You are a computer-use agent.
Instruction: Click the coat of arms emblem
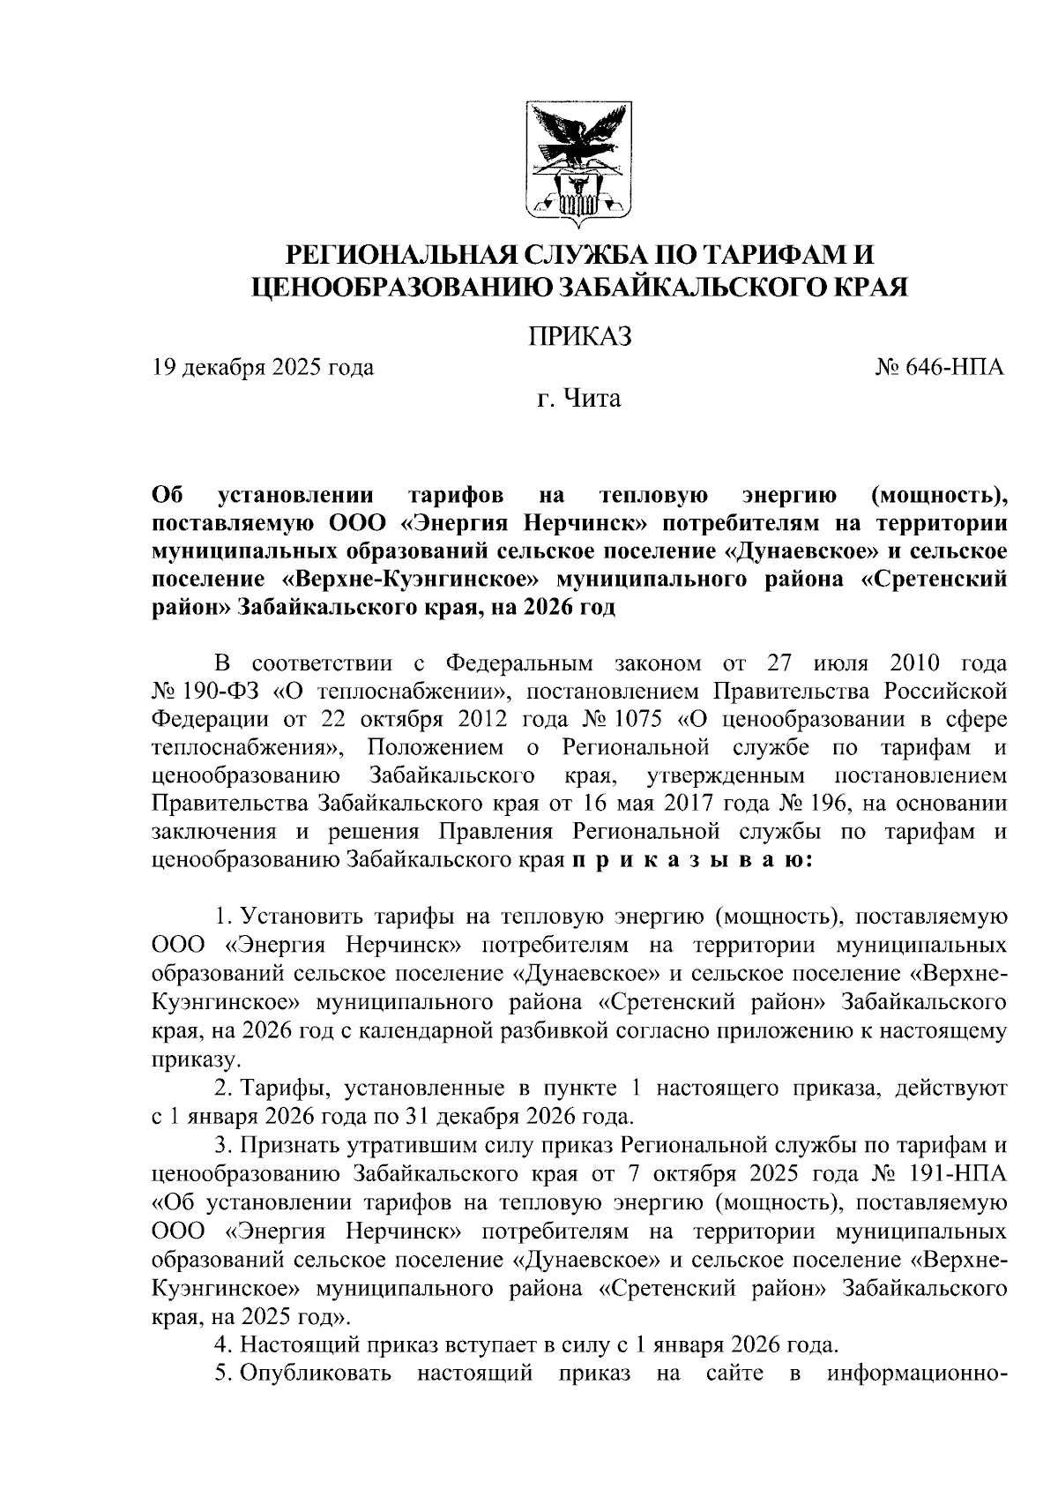point(579,161)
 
